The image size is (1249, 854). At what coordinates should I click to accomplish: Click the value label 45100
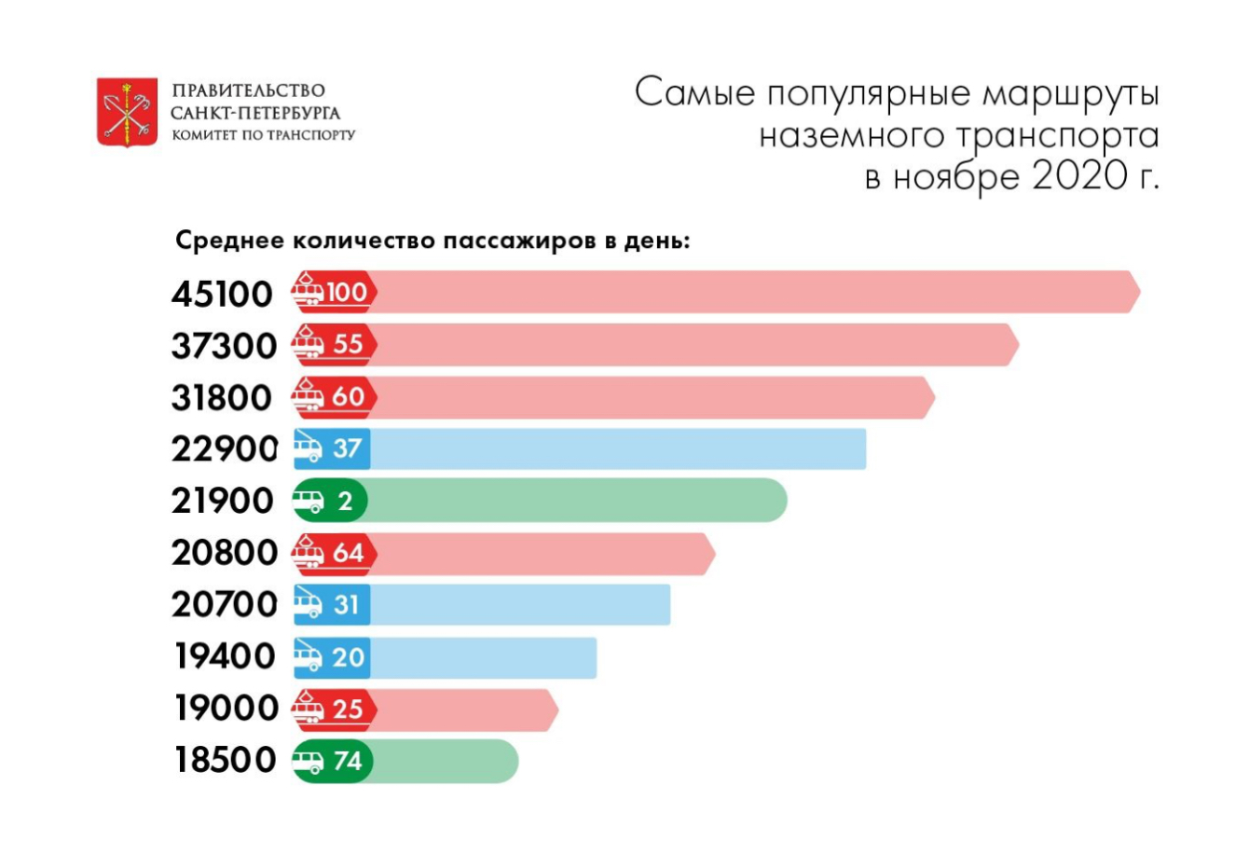(x=223, y=295)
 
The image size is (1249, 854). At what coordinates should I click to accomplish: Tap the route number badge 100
(x=334, y=293)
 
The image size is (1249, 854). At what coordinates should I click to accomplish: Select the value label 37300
(x=224, y=346)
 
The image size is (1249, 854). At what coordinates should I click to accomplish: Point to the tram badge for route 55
(x=334, y=344)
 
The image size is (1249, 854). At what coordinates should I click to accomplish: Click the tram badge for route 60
(x=334, y=396)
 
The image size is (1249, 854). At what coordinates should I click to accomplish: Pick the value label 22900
(x=224, y=449)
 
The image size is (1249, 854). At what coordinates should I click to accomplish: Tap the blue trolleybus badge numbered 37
(x=331, y=448)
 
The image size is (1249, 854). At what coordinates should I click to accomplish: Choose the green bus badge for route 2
(x=330, y=501)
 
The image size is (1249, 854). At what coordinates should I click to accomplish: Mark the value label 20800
(x=224, y=553)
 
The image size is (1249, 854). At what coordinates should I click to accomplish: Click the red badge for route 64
(x=334, y=553)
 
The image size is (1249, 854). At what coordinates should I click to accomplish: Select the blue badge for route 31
(x=331, y=604)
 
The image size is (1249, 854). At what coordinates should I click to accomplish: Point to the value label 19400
(x=226, y=656)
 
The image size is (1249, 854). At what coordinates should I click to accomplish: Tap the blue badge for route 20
(x=331, y=656)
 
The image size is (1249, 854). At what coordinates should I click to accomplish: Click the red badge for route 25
(x=334, y=709)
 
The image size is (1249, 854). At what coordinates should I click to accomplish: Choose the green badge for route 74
(x=333, y=761)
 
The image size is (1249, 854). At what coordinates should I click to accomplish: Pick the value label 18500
(x=226, y=760)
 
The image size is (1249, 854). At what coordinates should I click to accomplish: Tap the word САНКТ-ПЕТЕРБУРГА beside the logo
(x=255, y=113)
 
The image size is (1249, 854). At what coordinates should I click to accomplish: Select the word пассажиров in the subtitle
(x=518, y=241)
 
